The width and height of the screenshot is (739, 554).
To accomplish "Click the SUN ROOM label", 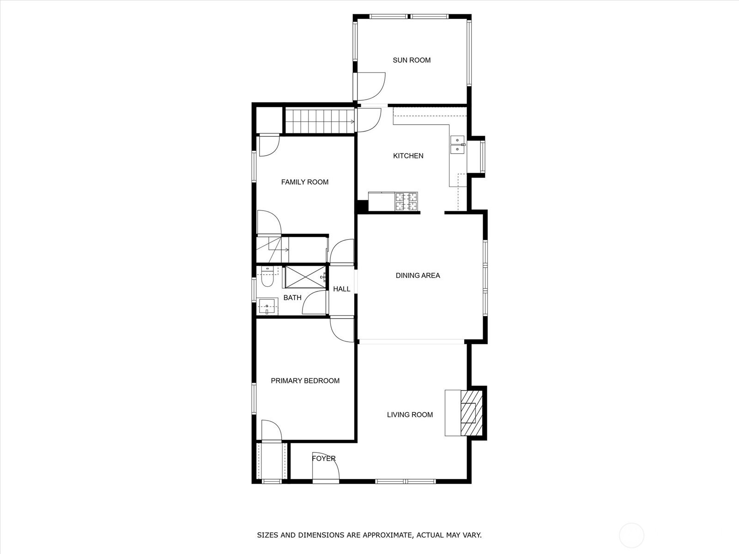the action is (412, 60).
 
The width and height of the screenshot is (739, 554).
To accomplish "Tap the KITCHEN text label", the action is (408, 156).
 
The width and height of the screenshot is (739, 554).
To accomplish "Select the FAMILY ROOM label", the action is (305, 182).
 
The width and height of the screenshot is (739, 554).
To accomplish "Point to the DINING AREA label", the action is (418, 276).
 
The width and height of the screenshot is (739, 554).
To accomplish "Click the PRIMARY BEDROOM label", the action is (305, 381).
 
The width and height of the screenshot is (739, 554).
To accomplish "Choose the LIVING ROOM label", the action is (410, 415).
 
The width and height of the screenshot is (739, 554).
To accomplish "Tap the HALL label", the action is (342, 289).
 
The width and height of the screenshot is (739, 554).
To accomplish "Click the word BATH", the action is (292, 298).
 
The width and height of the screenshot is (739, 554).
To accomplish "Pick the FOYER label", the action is (324, 458).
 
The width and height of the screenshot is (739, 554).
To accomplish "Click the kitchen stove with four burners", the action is (407, 201).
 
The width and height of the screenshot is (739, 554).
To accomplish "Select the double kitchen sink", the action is (458, 145).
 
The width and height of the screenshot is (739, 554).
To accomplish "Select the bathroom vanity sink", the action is (267, 307).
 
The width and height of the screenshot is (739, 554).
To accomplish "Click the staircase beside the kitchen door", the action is (320, 121).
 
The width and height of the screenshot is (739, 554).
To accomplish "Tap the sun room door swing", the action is (371, 86).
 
